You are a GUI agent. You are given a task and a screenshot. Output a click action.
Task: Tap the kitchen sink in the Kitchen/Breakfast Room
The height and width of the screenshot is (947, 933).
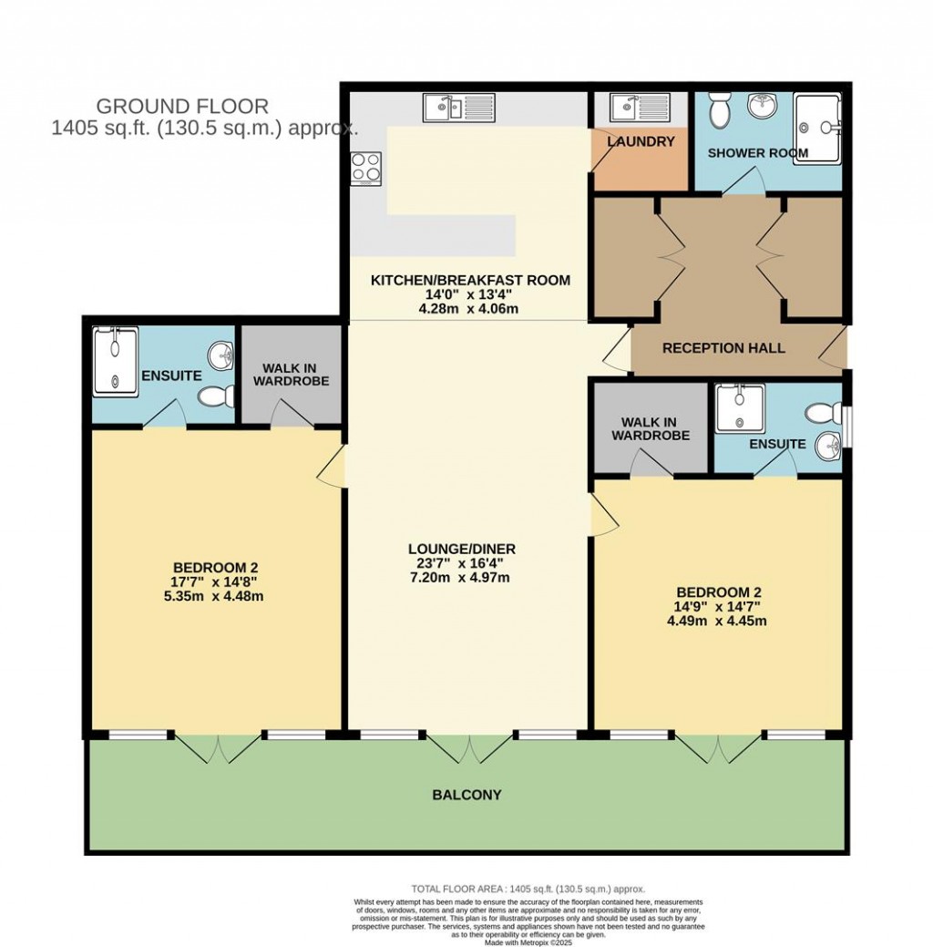coord(458,108)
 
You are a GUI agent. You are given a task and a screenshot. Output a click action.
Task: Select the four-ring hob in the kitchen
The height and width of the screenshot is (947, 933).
coord(365,167)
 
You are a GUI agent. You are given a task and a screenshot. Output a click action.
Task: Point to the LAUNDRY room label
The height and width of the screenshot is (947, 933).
coord(641,142)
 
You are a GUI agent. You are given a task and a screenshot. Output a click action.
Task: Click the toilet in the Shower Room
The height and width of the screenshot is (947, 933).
coord(722,111)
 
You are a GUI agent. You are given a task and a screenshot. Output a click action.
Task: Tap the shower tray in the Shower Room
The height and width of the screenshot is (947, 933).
coord(817,127)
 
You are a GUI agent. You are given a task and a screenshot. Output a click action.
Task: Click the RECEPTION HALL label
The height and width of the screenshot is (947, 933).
coord(723,348)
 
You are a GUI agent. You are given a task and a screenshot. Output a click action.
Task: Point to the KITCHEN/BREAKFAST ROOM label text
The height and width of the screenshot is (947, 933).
coord(470,280)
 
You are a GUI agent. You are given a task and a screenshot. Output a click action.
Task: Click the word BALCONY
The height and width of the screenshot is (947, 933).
coord(466,795)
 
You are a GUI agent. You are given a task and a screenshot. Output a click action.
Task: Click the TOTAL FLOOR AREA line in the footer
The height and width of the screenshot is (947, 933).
coord(528,889)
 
